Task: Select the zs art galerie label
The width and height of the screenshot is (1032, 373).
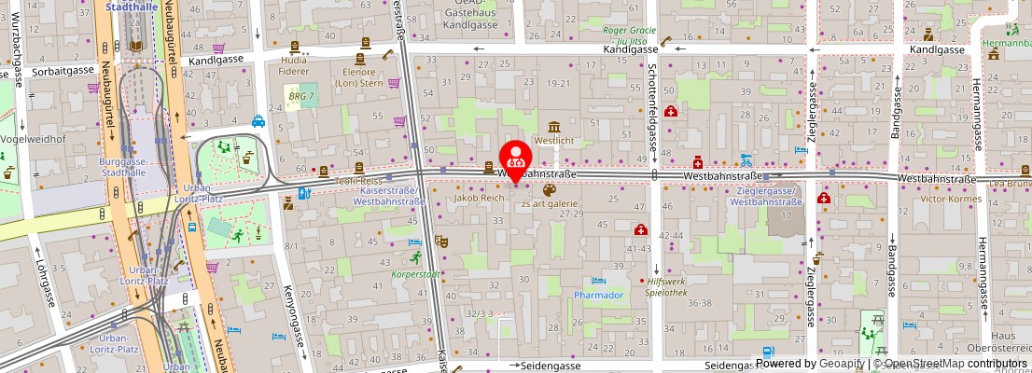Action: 551,203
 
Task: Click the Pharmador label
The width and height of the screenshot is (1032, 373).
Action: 598,295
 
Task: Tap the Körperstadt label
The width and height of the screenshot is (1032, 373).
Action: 417,274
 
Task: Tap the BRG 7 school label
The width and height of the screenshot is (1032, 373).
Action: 300,97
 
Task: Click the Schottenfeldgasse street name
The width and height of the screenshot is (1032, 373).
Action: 651,93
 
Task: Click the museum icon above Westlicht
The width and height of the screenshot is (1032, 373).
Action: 554,127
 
